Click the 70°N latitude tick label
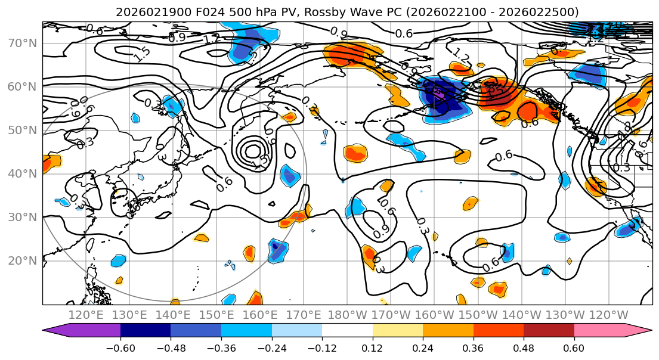21,44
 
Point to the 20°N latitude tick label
21,260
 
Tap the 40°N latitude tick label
21,173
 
